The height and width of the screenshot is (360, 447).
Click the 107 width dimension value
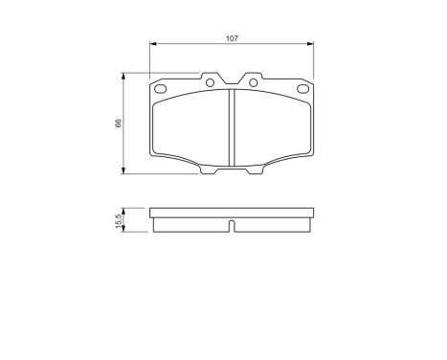233,38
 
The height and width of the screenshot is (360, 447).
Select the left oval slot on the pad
163,89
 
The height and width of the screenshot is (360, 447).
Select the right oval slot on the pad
302,89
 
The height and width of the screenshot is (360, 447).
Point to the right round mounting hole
254,82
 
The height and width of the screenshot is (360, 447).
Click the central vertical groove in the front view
233,130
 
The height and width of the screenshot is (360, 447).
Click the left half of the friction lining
192,129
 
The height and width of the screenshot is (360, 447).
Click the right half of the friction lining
273,129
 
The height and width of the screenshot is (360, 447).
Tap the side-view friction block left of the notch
191,223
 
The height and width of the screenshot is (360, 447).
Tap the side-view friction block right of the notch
273,223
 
